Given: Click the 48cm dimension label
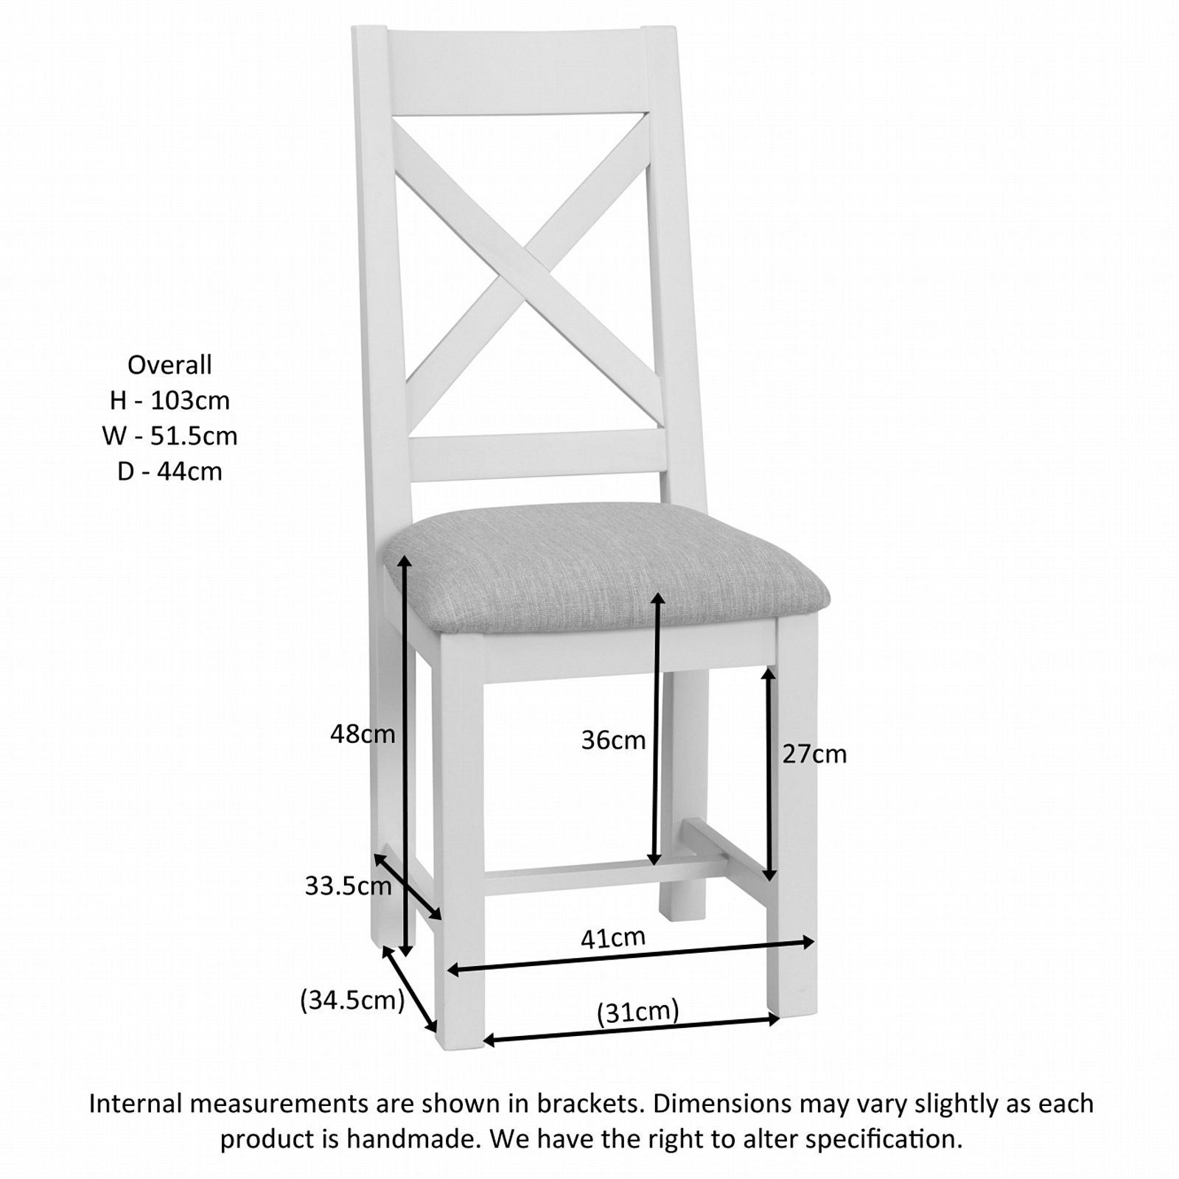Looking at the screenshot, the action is tap(363, 734).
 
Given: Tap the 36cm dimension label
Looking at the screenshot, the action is tap(613, 740).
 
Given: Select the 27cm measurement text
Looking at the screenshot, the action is tap(814, 755).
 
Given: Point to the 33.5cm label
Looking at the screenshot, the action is tap(349, 886).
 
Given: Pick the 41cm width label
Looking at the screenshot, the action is tap(613, 938).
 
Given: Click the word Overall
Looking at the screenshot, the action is tap(169, 365).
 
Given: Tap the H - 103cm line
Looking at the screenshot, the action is tap(169, 400).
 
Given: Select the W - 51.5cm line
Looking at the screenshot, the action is tap(169, 435).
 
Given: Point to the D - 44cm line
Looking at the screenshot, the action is tap(169, 471).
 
